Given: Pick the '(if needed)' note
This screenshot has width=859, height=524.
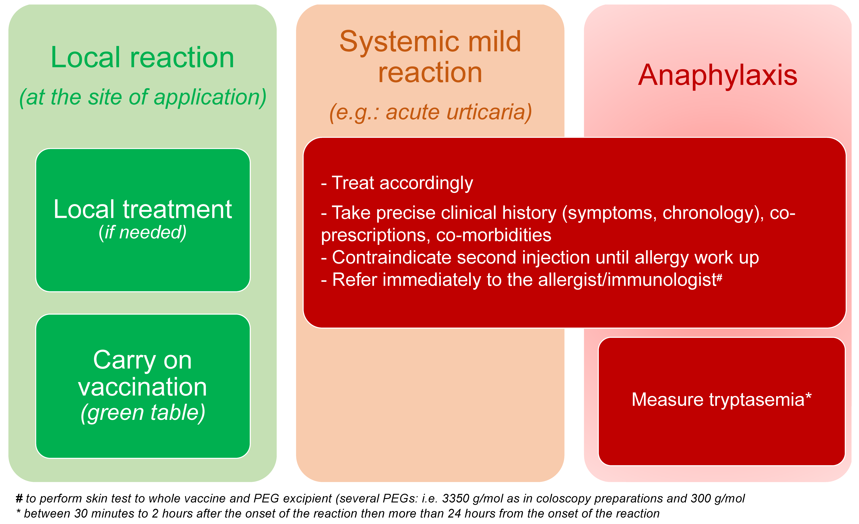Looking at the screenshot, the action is point(143,232).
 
